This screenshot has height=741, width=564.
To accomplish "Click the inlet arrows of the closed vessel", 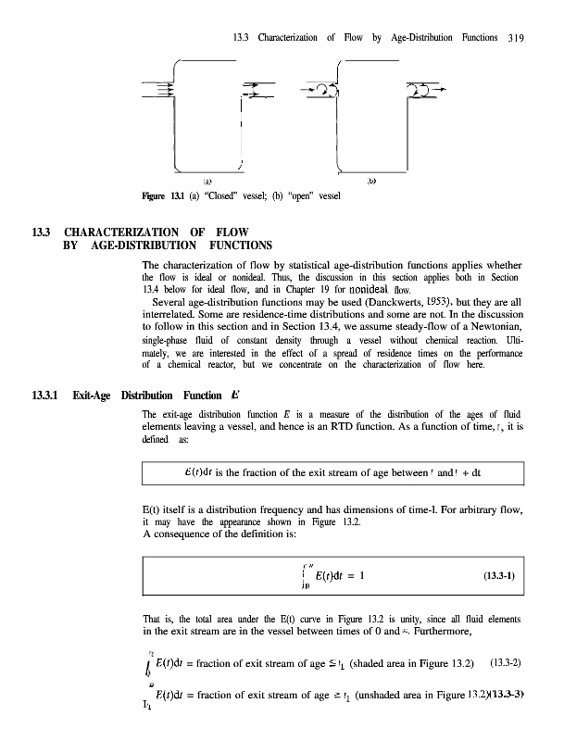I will [158, 90].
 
